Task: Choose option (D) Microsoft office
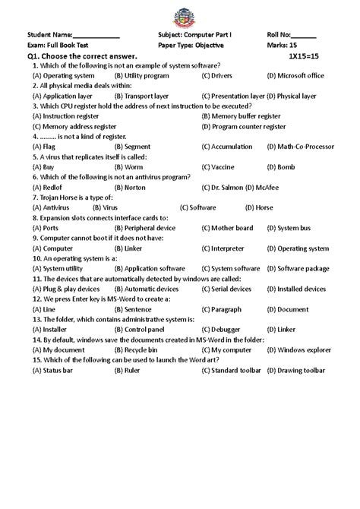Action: click(295, 76)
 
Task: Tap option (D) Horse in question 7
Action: click(259, 207)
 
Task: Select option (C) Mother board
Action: click(227, 227)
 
